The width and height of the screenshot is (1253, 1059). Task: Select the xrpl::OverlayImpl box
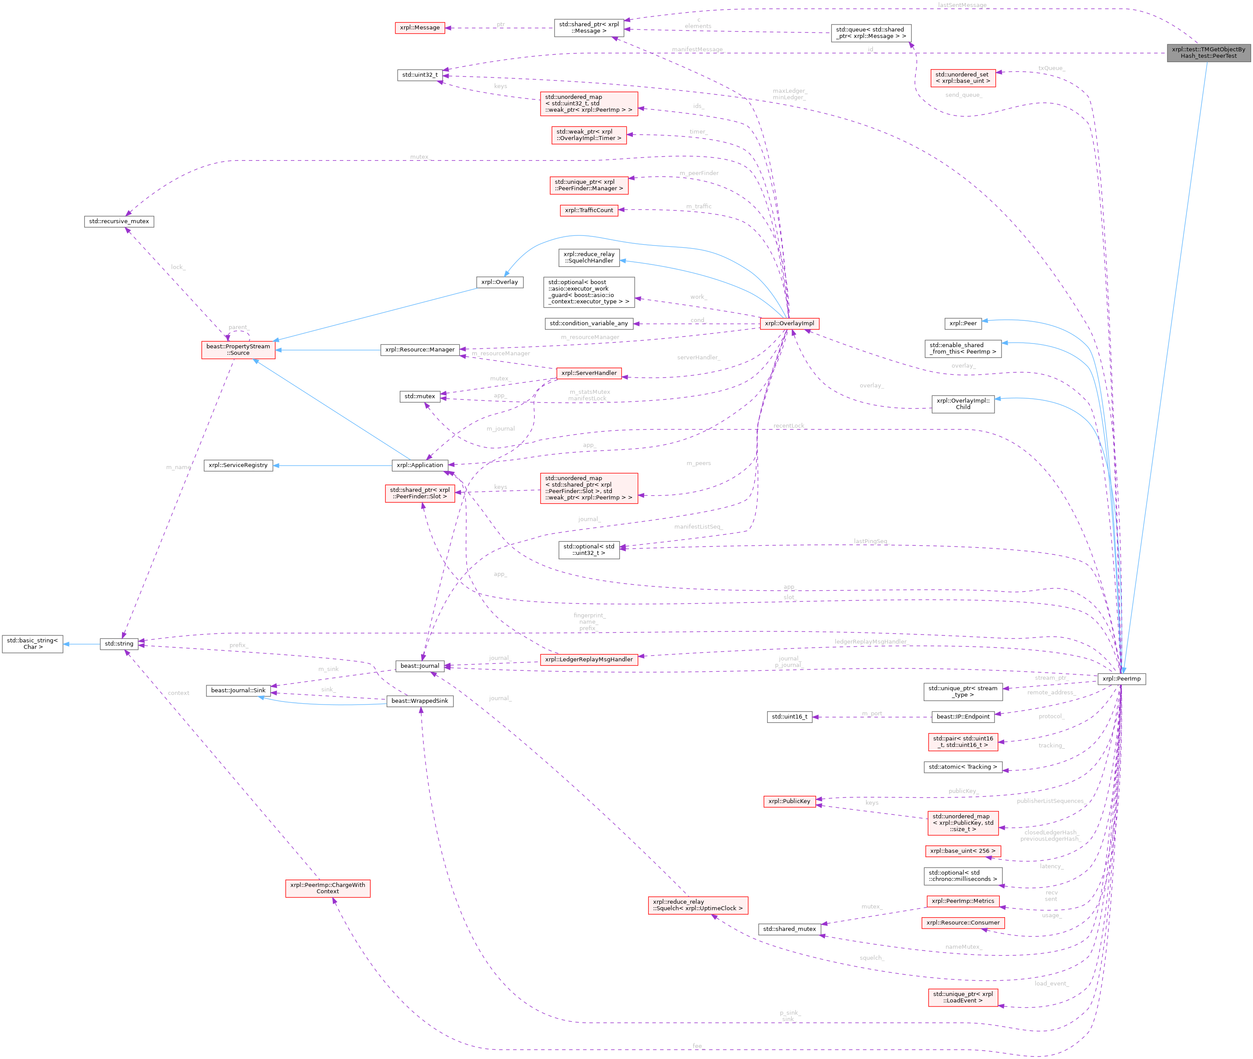(x=789, y=323)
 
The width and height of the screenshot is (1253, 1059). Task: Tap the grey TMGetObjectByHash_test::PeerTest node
(x=1208, y=53)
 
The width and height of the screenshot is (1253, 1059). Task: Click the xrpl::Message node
(x=419, y=28)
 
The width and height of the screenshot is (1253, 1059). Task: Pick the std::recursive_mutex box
(x=119, y=221)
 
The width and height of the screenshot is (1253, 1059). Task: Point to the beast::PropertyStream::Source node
(x=238, y=350)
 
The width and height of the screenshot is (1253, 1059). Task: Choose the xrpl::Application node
(x=420, y=465)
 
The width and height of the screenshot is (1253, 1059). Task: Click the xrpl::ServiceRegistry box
(x=238, y=465)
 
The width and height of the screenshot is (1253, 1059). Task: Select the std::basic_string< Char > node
(x=32, y=644)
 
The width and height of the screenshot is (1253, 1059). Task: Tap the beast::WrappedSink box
(x=419, y=701)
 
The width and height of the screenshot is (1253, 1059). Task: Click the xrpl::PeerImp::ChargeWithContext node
(x=328, y=888)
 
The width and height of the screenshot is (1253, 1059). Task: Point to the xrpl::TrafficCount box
(x=589, y=210)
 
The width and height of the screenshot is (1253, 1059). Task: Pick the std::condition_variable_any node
(x=589, y=323)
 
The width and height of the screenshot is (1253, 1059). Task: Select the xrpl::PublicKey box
(x=789, y=801)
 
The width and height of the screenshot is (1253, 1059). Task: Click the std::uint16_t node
(x=789, y=717)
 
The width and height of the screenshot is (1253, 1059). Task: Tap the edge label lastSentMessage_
(x=962, y=5)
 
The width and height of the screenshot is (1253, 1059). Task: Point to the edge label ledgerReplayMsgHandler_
(x=871, y=642)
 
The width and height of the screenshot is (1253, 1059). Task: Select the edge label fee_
(x=697, y=1046)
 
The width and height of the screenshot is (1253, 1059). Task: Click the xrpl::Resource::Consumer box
(x=963, y=923)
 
